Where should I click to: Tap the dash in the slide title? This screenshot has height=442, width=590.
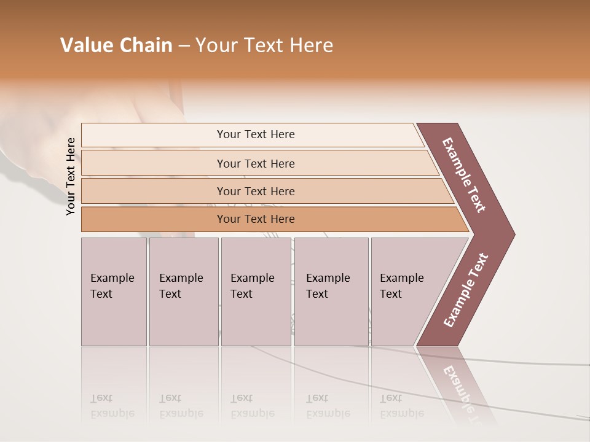[184, 46]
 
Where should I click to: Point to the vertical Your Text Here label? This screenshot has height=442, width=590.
[71, 177]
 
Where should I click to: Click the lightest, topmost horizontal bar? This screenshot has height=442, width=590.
[255, 134]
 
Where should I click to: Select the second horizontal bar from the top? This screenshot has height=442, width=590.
[255, 163]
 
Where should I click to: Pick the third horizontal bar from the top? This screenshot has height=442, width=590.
[255, 192]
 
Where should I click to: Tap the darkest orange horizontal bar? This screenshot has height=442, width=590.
[255, 219]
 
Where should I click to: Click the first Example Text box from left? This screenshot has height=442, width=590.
[114, 292]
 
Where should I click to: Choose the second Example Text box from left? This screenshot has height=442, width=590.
[183, 292]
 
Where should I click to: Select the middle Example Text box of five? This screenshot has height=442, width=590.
[256, 292]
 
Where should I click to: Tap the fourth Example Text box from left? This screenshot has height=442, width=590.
[331, 292]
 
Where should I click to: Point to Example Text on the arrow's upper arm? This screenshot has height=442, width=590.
[465, 175]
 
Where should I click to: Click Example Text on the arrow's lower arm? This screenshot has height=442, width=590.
[466, 290]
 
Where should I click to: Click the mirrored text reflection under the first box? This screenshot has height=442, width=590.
[112, 406]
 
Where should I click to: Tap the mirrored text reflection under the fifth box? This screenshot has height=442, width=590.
[401, 406]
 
